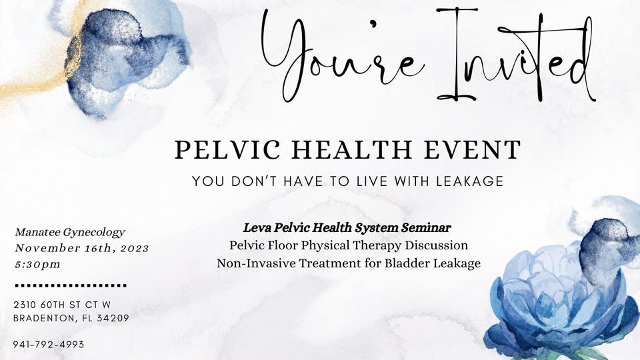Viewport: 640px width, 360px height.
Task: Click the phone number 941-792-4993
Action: tap(48, 345)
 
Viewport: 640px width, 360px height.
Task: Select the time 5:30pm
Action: tap(37, 265)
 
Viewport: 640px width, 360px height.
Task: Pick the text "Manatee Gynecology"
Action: tap(70, 233)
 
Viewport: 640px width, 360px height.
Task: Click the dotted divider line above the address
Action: tap(70, 285)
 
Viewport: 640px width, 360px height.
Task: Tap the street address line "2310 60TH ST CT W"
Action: tap(62, 305)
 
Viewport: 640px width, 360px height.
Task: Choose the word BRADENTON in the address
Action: tap(43, 318)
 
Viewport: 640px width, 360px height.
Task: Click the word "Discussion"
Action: tap(437, 245)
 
